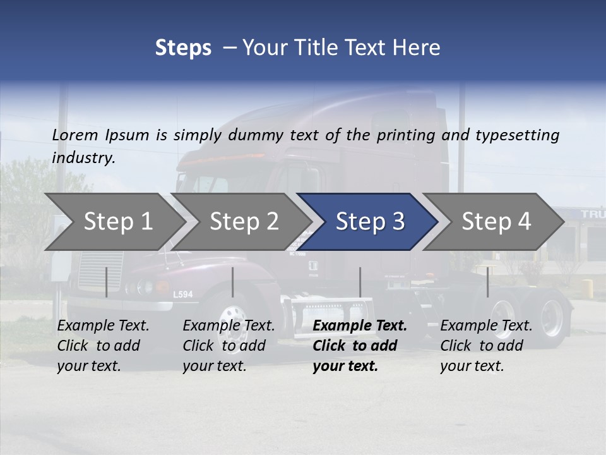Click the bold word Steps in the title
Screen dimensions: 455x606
point(183,48)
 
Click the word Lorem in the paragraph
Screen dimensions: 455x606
point(74,135)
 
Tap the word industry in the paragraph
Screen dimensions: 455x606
point(83,158)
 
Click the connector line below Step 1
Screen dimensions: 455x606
point(106,282)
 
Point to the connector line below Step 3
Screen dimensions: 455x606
point(360,282)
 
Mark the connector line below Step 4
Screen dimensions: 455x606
point(487,282)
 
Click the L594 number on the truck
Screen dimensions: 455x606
point(182,294)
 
